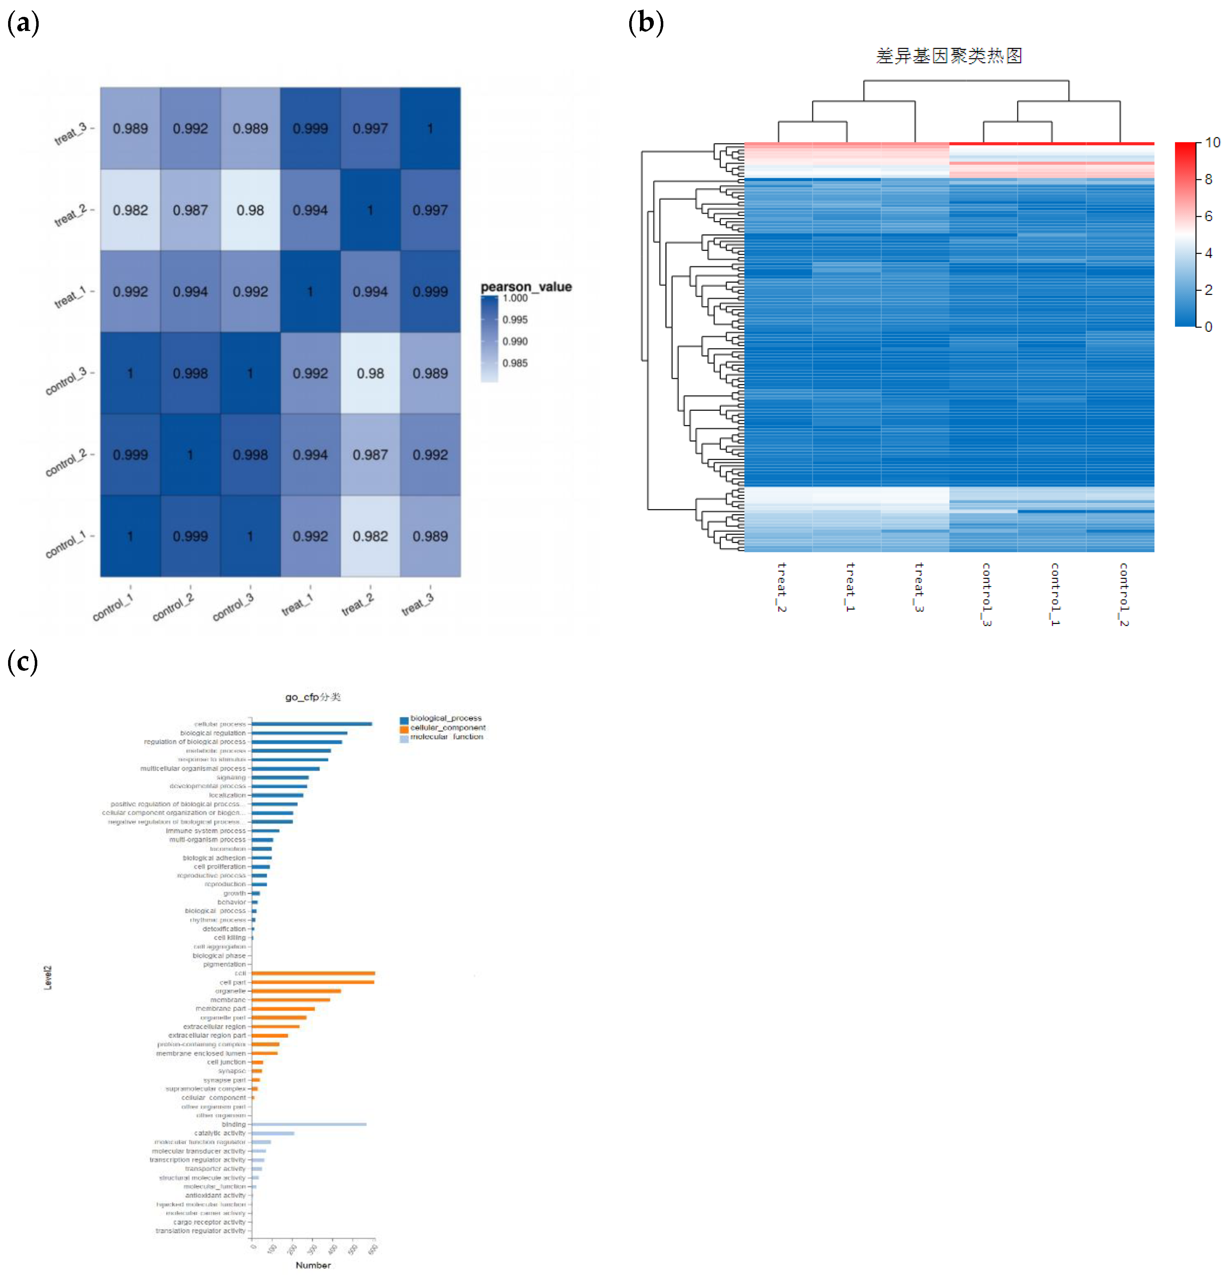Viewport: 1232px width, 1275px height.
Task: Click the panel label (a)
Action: click(x=23, y=24)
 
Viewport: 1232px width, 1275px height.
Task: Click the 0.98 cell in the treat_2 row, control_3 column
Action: click(x=250, y=210)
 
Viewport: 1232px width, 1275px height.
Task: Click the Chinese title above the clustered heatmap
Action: click(x=948, y=56)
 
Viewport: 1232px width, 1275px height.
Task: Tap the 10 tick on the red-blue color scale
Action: click(x=1212, y=142)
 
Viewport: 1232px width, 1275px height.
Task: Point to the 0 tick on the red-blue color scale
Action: click(x=1208, y=327)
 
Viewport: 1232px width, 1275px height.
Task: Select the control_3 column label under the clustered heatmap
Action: click(x=986, y=594)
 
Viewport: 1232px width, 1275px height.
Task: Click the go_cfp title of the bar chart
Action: click(x=312, y=697)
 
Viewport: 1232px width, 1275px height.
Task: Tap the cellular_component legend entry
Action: click(x=447, y=727)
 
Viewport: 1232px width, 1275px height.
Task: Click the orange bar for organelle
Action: click(x=296, y=991)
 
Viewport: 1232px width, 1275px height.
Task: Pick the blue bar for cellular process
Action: click(x=312, y=723)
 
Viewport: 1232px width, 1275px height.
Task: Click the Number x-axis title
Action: click(x=313, y=1264)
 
